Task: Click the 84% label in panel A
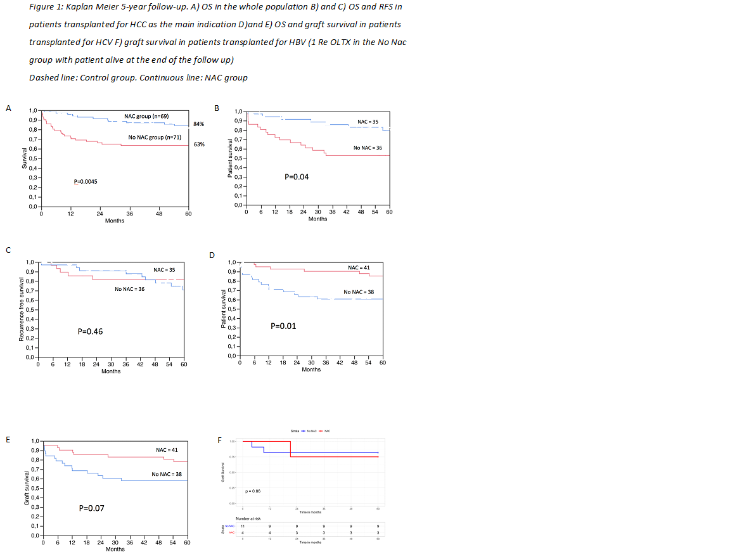(x=198, y=124)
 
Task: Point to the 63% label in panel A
(x=198, y=144)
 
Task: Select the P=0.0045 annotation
(x=86, y=182)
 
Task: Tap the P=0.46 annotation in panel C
(x=90, y=331)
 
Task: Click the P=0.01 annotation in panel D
(x=283, y=326)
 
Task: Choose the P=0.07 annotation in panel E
(x=91, y=508)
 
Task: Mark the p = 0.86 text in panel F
(x=252, y=491)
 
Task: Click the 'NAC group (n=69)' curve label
(x=146, y=117)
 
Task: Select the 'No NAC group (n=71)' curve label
(x=155, y=137)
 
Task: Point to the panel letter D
(x=212, y=255)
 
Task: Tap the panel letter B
(x=217, y=108)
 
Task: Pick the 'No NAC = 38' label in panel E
(x=167, y=474)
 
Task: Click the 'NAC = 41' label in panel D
(x=359, y=267)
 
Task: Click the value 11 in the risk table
(x=243, y=526)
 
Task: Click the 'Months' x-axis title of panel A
(x=115, y=221)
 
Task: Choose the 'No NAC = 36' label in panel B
(x=368, y=148)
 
